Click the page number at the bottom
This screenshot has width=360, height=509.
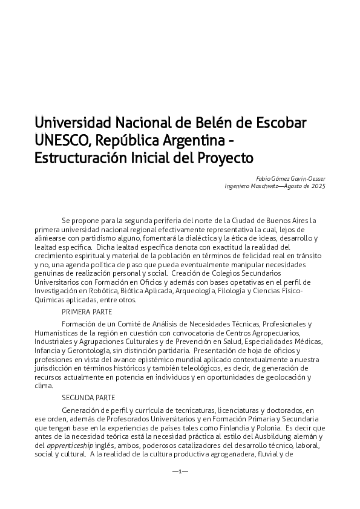(180, 471)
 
